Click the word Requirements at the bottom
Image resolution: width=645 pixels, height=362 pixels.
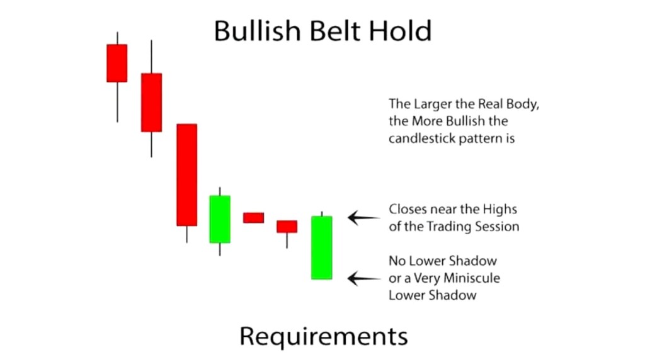coord(323,336)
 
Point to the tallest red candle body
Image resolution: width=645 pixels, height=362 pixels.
coord(186,175)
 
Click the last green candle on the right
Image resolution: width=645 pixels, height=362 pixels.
coord(322,247)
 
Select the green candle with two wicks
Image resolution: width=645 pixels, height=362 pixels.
coord(220,219)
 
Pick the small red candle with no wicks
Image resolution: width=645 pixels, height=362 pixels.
coord(253,218)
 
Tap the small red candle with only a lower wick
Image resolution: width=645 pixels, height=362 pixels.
coord(287,227)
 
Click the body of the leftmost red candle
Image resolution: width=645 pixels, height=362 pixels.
coord(117,63)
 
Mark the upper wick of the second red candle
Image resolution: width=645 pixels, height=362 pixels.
coord(151,57)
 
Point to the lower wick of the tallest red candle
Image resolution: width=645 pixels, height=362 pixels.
coord(186,234)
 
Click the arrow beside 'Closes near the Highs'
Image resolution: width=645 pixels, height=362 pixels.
coord(364,218)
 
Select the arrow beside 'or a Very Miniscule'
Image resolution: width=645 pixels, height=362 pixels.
coord(364,278)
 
